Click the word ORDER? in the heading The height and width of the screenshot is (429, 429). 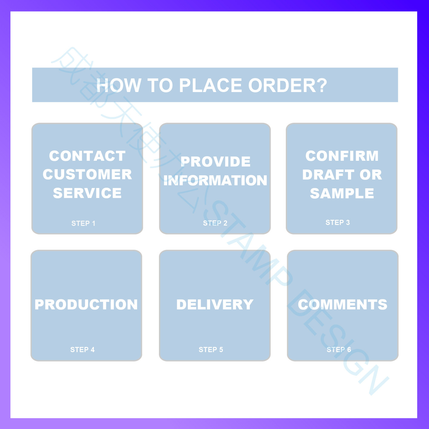(x=288, y=85)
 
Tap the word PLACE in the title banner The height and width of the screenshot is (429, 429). (x=211, y=85)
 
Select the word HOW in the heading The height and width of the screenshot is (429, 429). (x=119, y=85)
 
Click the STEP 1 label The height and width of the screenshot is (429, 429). (x=83, y=223)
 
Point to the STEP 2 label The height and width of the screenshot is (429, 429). (x=215, y=223)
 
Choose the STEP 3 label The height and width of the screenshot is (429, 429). (x=338, y=223)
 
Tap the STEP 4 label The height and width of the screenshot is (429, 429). (x=82, y=350)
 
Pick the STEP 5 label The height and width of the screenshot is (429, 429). (x=211, y=350)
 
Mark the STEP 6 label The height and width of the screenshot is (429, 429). (x=339, y=350)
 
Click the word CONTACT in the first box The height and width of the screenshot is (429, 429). (x=87, y=156)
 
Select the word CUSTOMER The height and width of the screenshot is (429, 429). (x=87, y=175)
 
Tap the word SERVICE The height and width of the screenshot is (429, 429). (x=87, y=193)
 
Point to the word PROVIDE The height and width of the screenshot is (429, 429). (x=215, y=162)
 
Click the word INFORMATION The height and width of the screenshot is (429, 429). (x=215, y=180)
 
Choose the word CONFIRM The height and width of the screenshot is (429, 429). (x=342, y=156)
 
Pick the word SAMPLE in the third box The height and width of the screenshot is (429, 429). (x=342, y=193)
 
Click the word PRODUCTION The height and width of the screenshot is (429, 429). (x=86, y=305)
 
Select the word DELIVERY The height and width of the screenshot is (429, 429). (x=215, y=305)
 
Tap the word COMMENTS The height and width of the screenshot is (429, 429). (x=342, y=305)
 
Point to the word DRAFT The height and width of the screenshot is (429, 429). (x=328, y=175)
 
